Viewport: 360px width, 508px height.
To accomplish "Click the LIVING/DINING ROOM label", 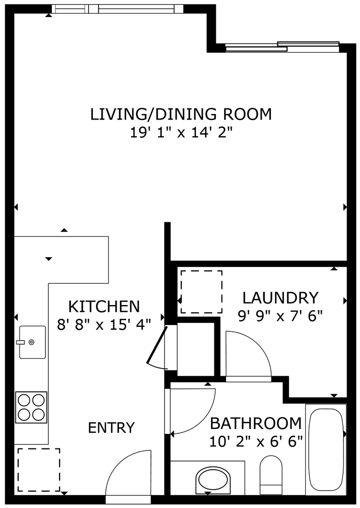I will click(181, 114).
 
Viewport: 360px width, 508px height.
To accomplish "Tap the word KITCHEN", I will click(104, 307).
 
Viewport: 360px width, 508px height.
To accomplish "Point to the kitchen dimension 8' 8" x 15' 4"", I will click(104, 324).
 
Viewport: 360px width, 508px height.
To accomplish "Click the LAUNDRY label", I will click(280, 297).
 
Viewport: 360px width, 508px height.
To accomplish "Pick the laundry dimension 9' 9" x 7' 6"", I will click(280, 316).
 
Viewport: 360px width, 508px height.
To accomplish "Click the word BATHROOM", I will click(255, 424).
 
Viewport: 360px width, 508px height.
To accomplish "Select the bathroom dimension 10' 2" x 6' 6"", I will click(255, 441).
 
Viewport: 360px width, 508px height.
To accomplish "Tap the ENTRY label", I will click(111, 428).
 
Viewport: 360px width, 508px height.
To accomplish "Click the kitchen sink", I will click(32, 342).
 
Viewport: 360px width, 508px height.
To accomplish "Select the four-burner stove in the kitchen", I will click(31, 407).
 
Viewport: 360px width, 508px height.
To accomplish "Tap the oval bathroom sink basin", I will click(213, 480).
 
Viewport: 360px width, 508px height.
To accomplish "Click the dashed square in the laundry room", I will click(201, 292).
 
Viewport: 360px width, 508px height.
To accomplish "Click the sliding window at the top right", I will click(283, 46).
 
